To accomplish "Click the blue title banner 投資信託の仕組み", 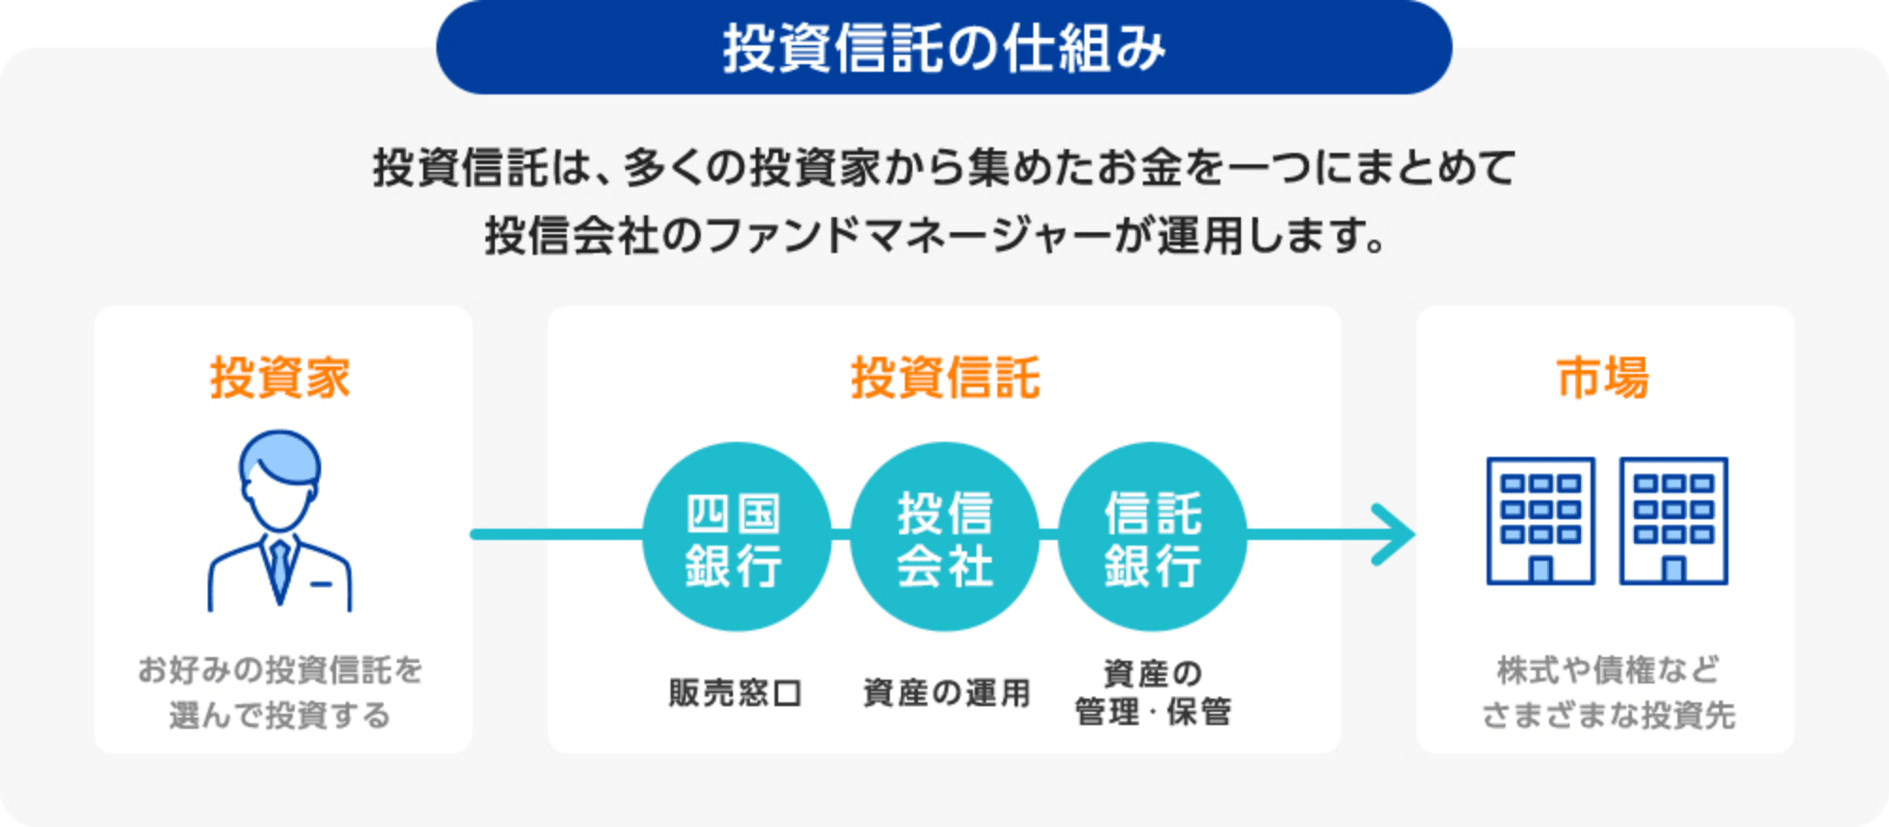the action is [x=944, y=47].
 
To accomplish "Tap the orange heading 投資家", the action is [x=280, y=378].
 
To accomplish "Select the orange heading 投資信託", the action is [x=944, y=378].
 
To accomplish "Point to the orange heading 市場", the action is [x=1603, y=378].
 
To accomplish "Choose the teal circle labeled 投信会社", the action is [x=944, y=536].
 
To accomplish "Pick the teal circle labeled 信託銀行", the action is [x=1152, y=536].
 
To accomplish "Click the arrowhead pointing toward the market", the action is [x=1396, y=534].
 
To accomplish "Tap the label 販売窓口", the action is [x=736, y=693].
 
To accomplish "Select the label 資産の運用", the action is [x=946, y=693].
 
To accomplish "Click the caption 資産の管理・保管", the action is [x=1152, y=692].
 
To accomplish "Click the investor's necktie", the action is [x=280, y=571].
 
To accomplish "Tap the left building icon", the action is [x=1540, y=521].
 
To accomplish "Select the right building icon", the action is [x=1674, y=521].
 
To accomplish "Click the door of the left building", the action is [x=1540, y=569].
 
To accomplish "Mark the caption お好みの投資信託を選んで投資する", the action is [x=280, y=692].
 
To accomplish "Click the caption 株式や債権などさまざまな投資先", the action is [x=1608, y=692].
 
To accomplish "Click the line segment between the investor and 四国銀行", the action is [x=557, y=534].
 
